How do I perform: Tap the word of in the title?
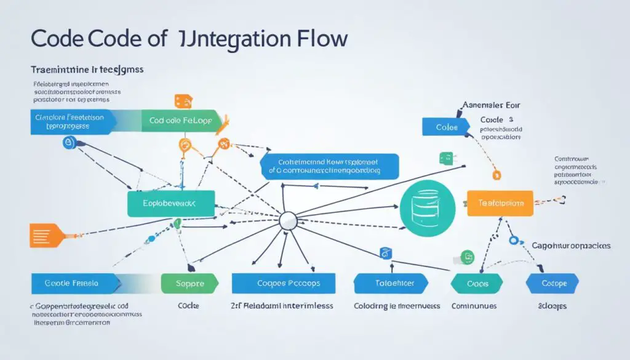(x=147, y=38)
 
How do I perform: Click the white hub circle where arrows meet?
(x=288, y=221)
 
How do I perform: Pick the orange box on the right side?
(x=499, y=202)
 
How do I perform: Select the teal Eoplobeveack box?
(x=170, y=203)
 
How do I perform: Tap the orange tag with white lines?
(x=47, y=234)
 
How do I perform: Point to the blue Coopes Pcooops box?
(x=284, y=284)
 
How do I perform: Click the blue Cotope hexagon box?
(x=552, y=284)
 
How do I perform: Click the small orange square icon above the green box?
(x=183, y=102)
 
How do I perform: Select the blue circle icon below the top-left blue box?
(x=68, y=143)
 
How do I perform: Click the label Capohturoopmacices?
(x=571, y=245)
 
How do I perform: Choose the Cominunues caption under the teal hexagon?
(x=473, y=306)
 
